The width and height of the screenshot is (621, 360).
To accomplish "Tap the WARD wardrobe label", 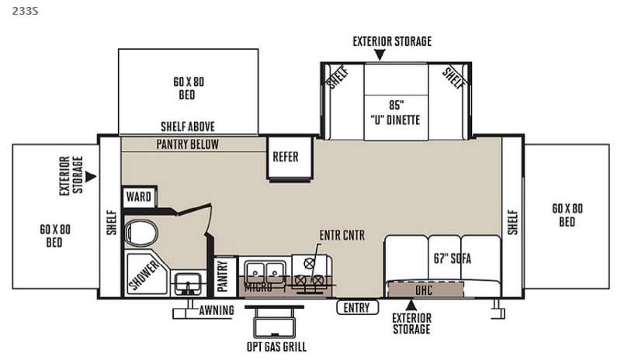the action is coord(138,196).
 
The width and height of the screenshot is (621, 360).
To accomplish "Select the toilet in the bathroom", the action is coord(141,233).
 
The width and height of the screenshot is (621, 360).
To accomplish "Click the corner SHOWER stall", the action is coord(147,273).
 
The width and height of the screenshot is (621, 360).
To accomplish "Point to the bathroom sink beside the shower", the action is coord(188,283).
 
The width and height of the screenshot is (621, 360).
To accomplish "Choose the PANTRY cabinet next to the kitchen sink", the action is coord(223,276).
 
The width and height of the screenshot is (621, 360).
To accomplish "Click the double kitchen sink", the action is coord(265,272).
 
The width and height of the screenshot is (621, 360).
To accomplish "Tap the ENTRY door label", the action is coord(357,307).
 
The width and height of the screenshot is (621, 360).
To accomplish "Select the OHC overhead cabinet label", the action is coord(424,290).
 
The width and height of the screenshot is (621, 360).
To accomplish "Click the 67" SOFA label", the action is coord(453,258).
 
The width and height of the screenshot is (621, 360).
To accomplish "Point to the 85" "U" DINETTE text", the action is coord(396,112).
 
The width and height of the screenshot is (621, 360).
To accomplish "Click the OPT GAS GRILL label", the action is coord(276,347).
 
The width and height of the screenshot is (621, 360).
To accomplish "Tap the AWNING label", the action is coord(217,310).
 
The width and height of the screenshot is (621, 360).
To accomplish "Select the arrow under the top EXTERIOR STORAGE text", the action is coord(380,54).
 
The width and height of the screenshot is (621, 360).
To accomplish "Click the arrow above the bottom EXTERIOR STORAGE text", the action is coord(411,305).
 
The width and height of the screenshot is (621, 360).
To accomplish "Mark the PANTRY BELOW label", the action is coord(187,144).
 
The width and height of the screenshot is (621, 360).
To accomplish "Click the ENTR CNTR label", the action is coord(342,235).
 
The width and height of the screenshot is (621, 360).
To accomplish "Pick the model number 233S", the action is coord(25,11).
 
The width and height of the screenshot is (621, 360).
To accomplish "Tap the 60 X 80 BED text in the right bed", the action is coord(567,215).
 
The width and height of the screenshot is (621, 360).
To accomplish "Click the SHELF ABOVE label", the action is coord(188,126).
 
